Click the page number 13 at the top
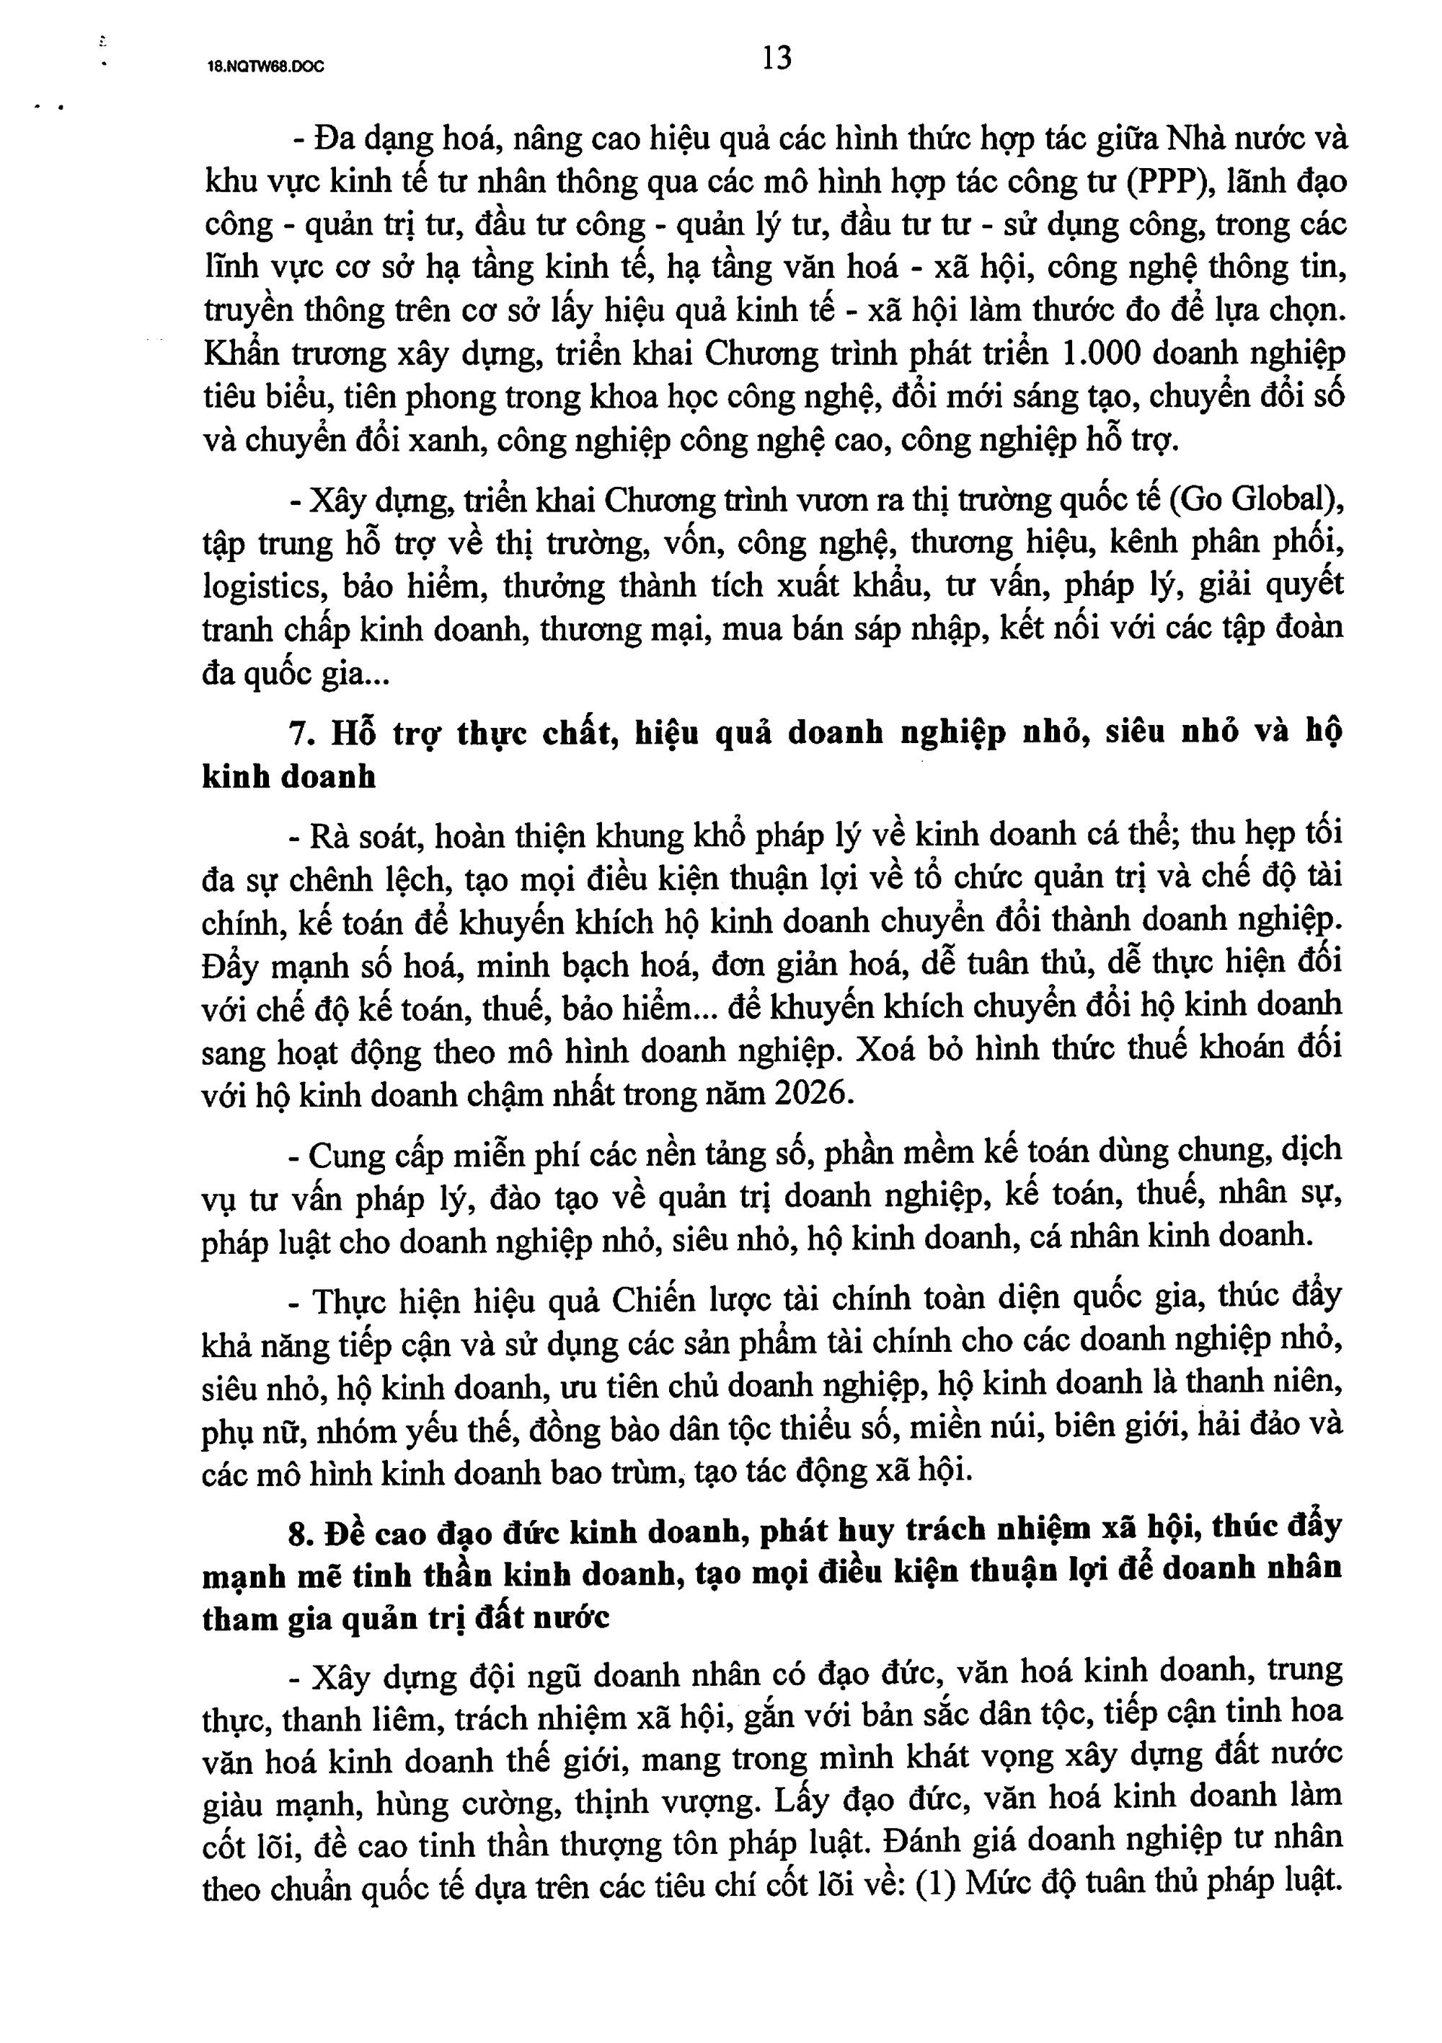pos(777,58)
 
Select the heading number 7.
pos(300,733)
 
